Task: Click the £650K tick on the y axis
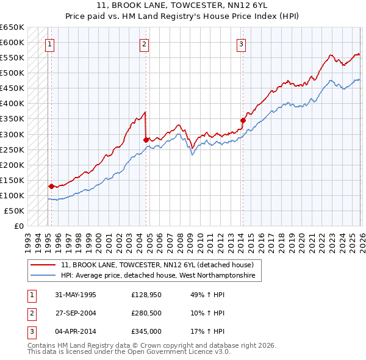click(x=12, y=27)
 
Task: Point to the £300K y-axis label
click(x=12, y=134)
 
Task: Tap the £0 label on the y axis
click(x=18, y=226)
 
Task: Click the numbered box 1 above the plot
click(x=49, y=43)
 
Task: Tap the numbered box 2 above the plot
click(x=145, y=43)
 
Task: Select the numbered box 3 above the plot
click(x=241, y=43)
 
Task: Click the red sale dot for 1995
click(x=51, y=186)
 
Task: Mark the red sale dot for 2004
click(x=146, y=140)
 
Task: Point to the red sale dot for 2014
click(x=243, y=120)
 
